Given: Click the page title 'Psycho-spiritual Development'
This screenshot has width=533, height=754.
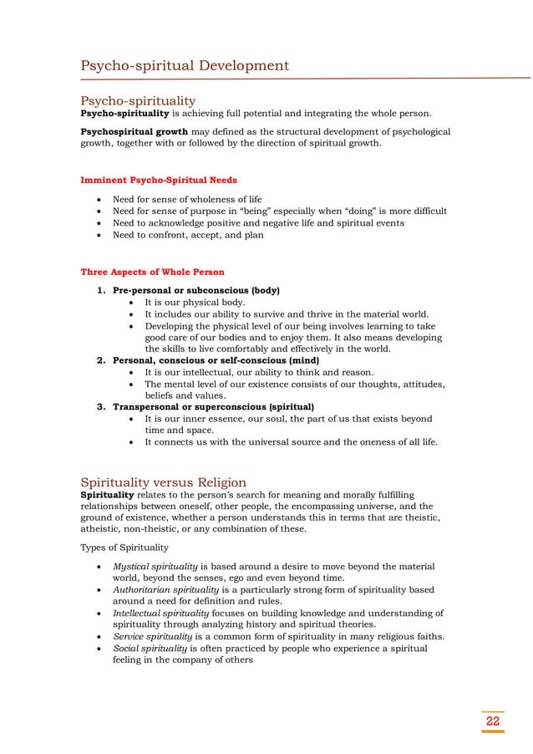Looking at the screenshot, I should click(185, 66).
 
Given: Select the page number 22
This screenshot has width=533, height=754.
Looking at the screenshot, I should click(493, 721).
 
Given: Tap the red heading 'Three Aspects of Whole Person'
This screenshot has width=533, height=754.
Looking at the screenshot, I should click(152, 272).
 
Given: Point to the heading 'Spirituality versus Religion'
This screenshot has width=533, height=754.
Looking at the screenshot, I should click(163, 482).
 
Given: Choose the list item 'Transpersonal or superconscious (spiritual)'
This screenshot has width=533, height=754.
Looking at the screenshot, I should click(213, 407).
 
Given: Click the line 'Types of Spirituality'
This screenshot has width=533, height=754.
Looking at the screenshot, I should click(124, 548).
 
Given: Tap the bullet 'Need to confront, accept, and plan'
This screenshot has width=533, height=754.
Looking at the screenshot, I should click(188, 235).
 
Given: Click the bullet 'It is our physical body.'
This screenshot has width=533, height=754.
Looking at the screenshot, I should click(195, 302).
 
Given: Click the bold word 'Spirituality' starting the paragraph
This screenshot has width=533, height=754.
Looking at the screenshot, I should click(107, 494).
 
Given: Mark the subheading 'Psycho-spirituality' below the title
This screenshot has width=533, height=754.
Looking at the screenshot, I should click(138, 101).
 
